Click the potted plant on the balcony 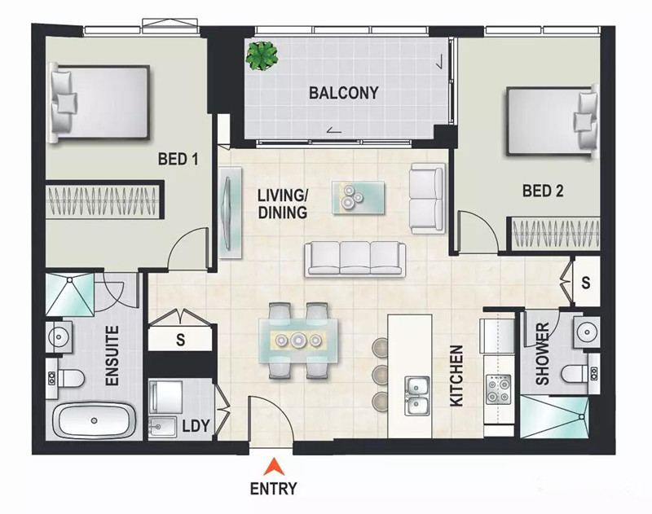click(x=262, y=55)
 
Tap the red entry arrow click(x=274, y=466)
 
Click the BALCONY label click(x=343, y=93)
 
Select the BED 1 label click(x=178, y=159)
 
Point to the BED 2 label click(x=543, y=191)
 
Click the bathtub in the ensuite click(x=95, y=420)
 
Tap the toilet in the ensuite click(x=66, y=379)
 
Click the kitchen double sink click(x=417, y=395)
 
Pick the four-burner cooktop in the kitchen click(x=499, y=389)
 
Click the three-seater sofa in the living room click(x=355, y=259)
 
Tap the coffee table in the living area click(x=359, y=197)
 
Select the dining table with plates click(x=298, y=340)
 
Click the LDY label click(x=196, y=426)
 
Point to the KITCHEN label click(x=456, y=376)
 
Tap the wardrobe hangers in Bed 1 click(x=103, y=200)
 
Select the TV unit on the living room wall click(x=230, y=213)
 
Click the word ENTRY click(x=274, y=489)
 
